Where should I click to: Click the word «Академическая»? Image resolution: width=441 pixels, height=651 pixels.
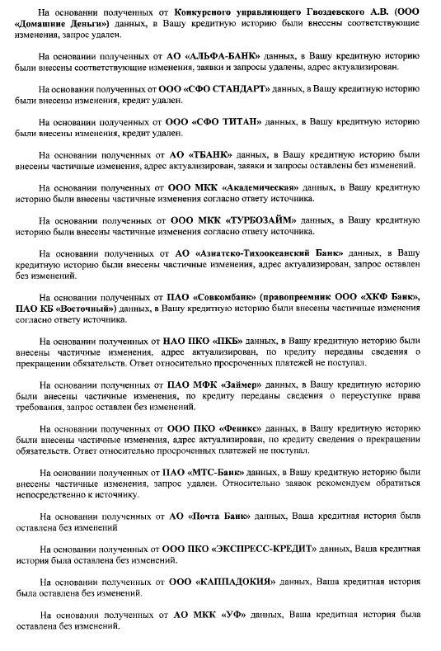260,187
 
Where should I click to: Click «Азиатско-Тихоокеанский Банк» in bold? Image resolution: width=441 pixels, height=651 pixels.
275,253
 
